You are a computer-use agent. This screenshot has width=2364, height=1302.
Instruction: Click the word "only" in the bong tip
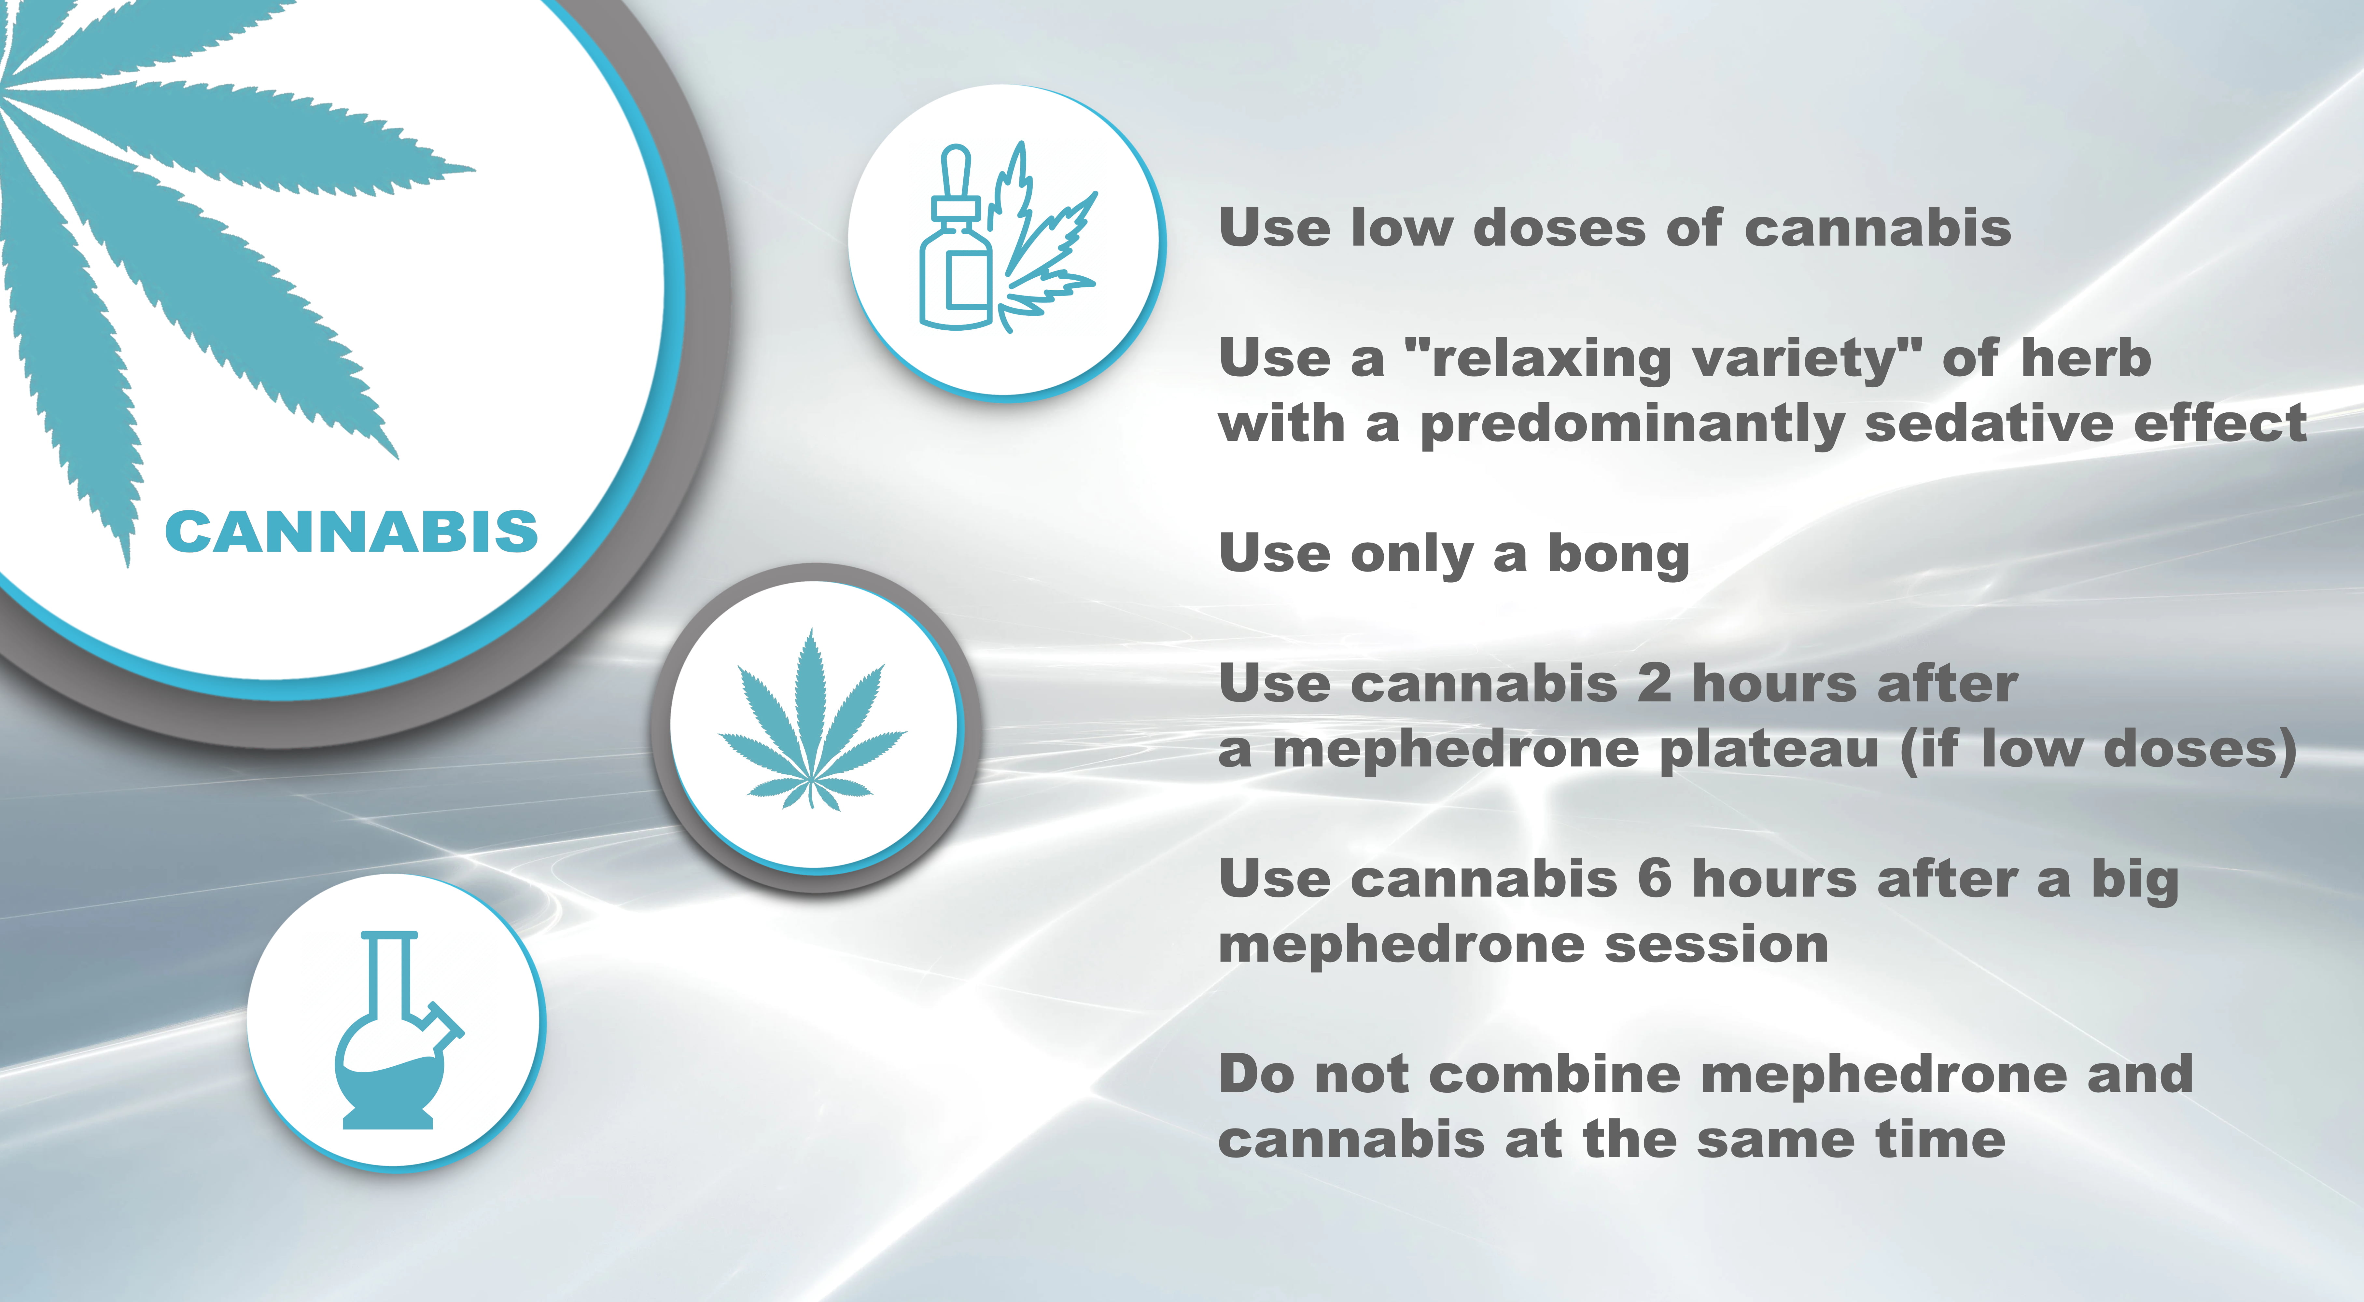(x=1411, y=555)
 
